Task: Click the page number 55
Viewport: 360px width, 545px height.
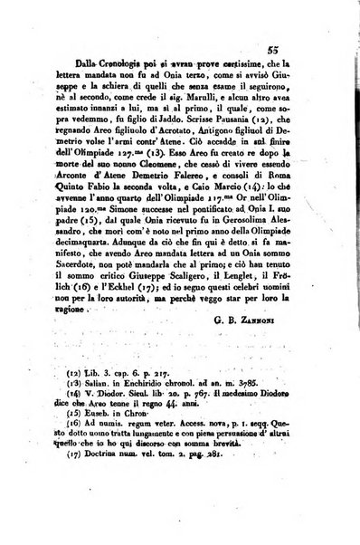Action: [296, 53]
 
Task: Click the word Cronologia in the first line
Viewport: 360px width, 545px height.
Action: [95, 79]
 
